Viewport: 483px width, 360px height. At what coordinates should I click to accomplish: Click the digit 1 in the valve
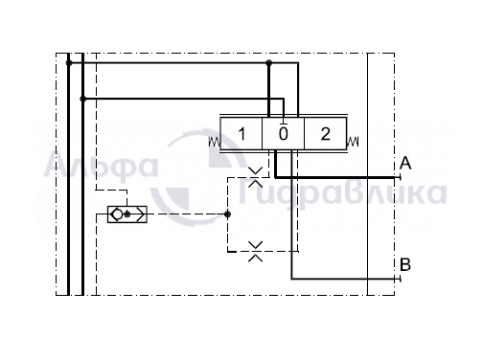point(242,134)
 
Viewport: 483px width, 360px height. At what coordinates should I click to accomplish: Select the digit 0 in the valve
point(284,134)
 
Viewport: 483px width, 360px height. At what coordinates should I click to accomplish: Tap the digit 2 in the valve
point(325,134)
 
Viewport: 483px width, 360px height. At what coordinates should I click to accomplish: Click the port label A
point(405,163)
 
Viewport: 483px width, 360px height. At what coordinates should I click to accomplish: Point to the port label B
point(405,264)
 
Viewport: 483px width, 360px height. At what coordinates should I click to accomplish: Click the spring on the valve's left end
point(215,142)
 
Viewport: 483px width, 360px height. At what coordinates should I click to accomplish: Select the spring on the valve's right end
point(353,142)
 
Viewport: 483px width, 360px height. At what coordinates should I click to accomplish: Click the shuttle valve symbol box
point(127,214)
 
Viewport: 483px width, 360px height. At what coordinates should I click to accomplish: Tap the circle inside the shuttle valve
point(117,214)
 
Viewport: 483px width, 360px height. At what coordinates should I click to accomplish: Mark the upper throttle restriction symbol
point(255,177)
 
